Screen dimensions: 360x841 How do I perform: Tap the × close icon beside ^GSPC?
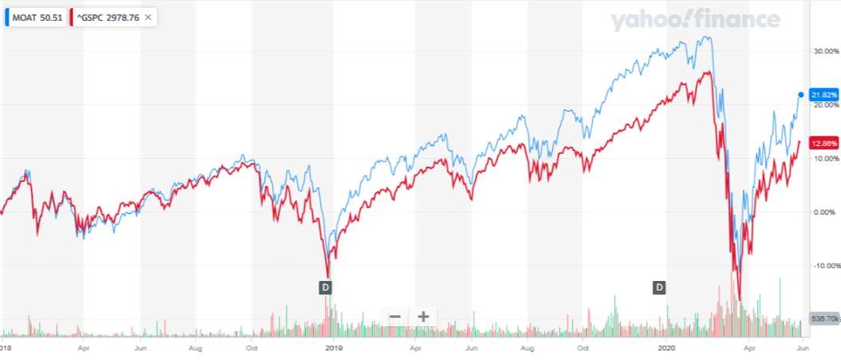click(x=149, y=16)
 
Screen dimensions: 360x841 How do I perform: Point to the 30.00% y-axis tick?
click(x=823, y=51)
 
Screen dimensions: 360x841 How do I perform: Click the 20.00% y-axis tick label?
click(x=823, y=105)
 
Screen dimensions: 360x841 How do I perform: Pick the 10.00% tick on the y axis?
click(x=823, y=158)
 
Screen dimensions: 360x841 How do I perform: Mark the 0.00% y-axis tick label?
click(x=823, y=212)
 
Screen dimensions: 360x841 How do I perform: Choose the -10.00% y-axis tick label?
click(x=823, y=266)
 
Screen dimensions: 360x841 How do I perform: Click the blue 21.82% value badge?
click(x=823, y=95)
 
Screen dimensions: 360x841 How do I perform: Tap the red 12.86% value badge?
click(x=823, y=143)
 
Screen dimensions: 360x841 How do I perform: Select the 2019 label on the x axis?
click(x=334, y=348)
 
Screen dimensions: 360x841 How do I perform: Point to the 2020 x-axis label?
click(x=668, y=348)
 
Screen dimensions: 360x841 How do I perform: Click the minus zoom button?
click(x=395, y=317)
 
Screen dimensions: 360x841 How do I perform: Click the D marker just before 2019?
click(x=325, y=287)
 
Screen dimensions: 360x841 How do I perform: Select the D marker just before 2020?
click(x=660, y=287)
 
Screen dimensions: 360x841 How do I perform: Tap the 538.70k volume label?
click(x=823, y=318)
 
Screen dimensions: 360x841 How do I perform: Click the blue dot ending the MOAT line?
click(x=801, y=95)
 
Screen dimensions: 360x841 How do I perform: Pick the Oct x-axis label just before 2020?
click(x=583, y=348)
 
